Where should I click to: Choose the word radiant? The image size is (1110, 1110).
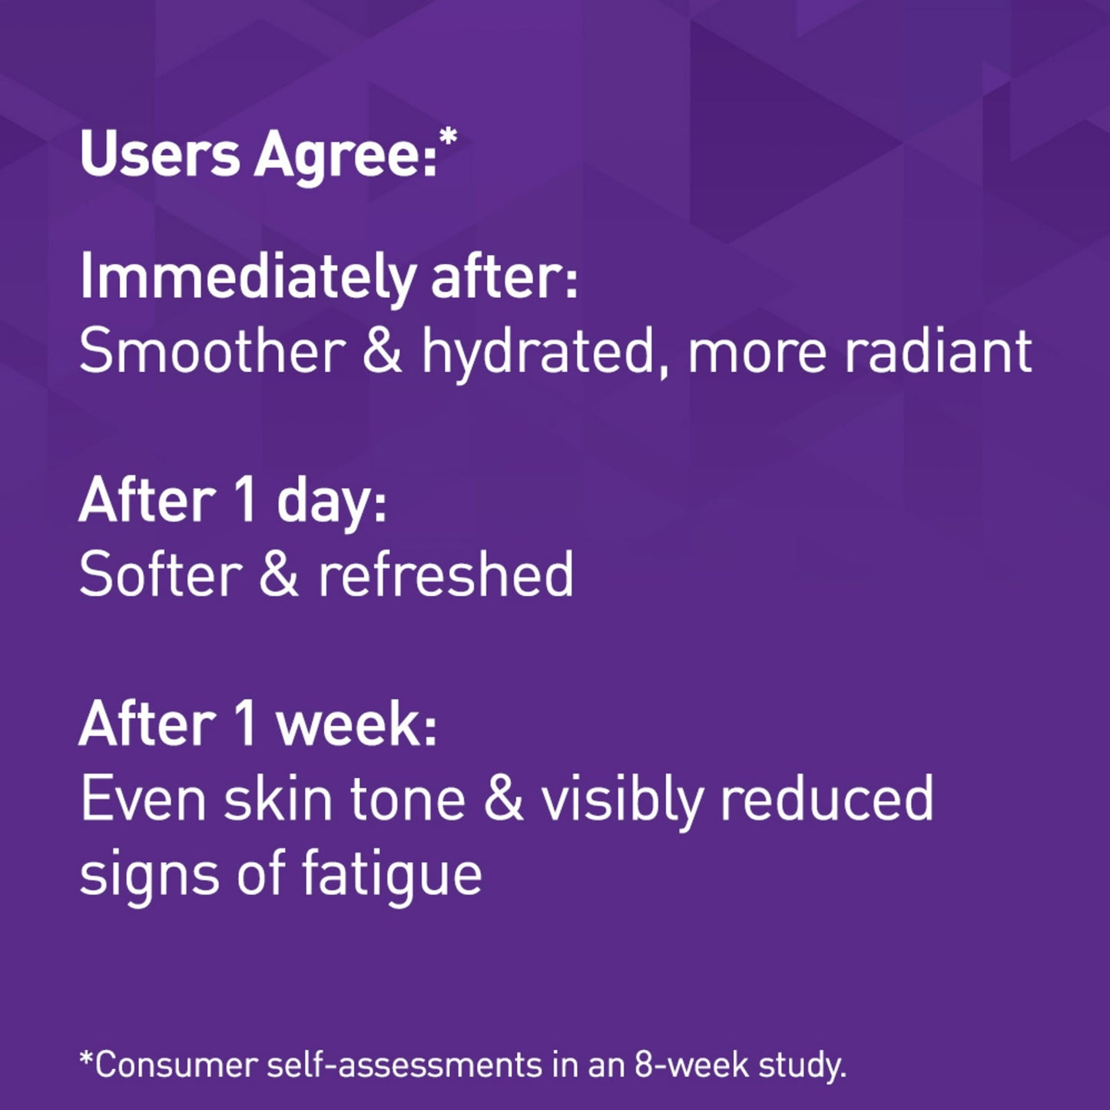937,352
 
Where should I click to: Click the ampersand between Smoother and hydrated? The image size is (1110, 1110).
382,352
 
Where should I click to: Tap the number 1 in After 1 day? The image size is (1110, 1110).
244,501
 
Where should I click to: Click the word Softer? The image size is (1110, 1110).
161,575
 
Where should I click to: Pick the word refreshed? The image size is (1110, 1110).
446,575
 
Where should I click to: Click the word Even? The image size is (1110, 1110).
143,800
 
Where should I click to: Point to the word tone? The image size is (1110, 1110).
407,800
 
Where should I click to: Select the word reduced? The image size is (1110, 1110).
826,800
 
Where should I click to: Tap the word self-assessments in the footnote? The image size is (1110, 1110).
404,1065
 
